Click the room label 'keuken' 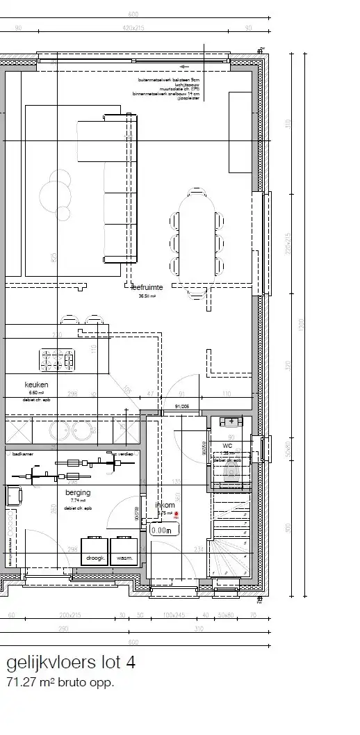pyautogui.click(x=35, y=383)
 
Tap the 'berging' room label pyautogui.click(x=74, y=492)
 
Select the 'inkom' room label pyautogui.click(x=165, y=505)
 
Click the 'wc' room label pyautogui.click(x=227, y=446)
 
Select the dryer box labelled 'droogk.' pyautogui.click(x=94, y=558)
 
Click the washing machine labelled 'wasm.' pyautogui.click(x=125, y=558)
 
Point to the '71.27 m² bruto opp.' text pyautogui.click(x=59, y=683)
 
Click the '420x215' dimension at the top pyautogui.click(x=133, y=29)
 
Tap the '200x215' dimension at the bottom pyautogui.click(x=70, y=615)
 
